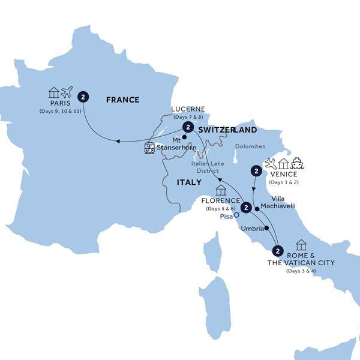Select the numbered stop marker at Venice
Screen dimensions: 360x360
pos(257,172)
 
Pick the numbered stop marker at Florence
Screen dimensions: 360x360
pos(245,209)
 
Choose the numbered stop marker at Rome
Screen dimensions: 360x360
pos(277,250)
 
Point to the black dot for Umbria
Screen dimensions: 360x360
pos(266,229)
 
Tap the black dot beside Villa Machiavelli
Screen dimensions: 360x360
pos(257,209)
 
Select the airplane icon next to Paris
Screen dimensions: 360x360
pos(67,92)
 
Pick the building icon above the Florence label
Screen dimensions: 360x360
pos(221,190)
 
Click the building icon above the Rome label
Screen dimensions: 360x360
pos(301,245)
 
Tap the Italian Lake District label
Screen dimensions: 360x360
pos(206,166)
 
